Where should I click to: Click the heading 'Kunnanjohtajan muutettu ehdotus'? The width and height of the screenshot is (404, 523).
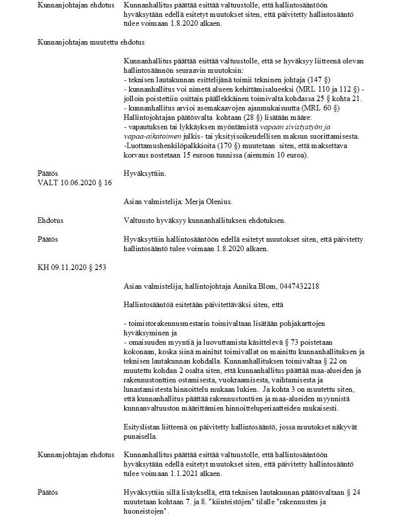click(91, 42)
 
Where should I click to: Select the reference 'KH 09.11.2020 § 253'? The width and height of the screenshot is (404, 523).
click(72, 268)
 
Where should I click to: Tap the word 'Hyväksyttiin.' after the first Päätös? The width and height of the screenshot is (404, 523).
click(145, 174)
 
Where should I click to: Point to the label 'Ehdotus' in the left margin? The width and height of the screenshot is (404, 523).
click(50, 220)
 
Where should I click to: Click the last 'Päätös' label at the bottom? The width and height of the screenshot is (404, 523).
click(48, 492)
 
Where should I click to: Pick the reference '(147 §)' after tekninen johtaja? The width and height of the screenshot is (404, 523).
click(322, 80)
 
